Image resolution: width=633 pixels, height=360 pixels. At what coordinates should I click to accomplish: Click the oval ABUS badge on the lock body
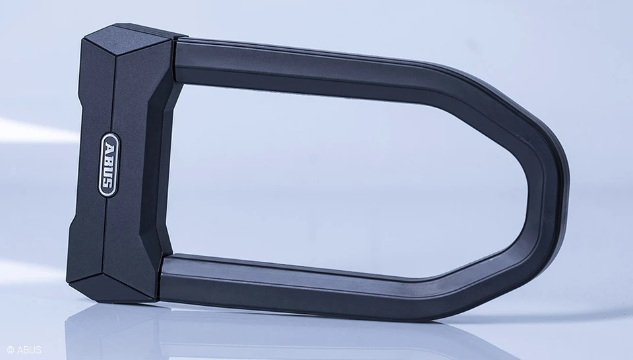pos(109,165)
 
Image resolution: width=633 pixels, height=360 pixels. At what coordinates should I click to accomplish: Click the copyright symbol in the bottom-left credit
pos(10,349)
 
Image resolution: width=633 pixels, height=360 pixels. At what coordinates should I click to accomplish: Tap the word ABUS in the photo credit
pos(28,349)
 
